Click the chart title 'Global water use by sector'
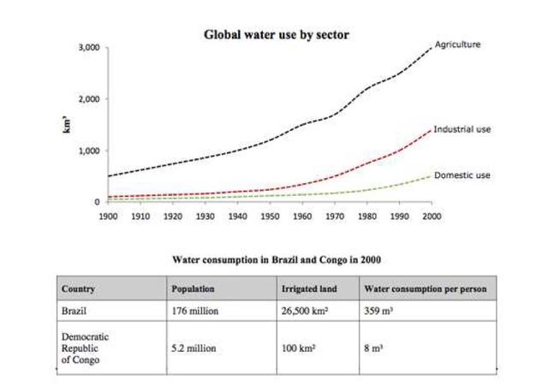276,35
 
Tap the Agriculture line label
457,44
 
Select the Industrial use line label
462,129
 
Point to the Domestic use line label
462,175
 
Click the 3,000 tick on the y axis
88,48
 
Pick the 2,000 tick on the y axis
88,99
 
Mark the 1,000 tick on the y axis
88,151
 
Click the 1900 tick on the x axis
110,217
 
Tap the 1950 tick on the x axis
271,217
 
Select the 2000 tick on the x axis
432,217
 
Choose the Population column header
194,289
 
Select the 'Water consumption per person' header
425,289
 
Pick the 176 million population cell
195,311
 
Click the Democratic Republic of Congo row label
86,349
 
